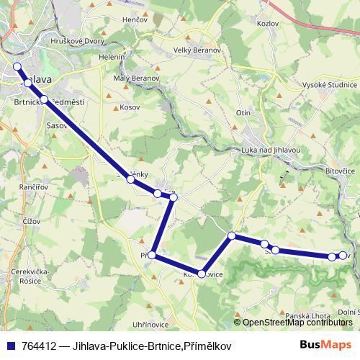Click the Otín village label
pyautogui.click(x=243, y=114)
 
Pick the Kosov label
pyautogui.click(x=130, y=107)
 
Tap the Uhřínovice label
pyautogui.click(x=150, y=325)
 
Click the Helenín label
pyautogui.click(x=113, y=57)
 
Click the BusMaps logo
pyautogui.click(x=325, y=345)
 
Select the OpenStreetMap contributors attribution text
pyautogui.click(x=299, y=323)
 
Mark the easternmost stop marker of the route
pyautogui.click(x=343, y=256)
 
